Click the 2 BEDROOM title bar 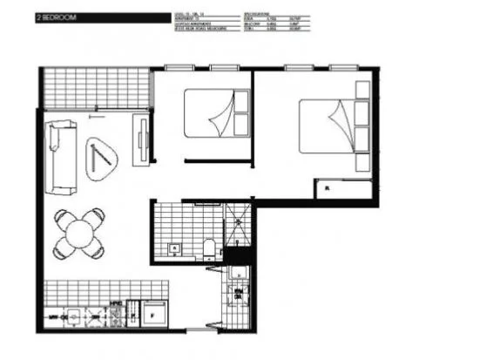pos(100,16)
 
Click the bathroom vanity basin pos(174,249)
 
